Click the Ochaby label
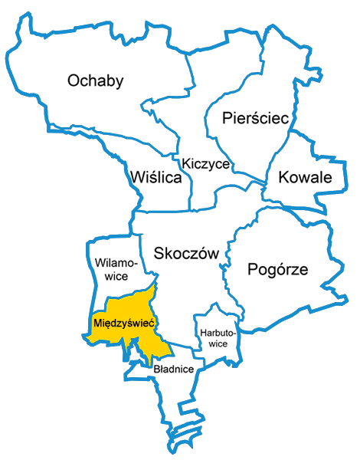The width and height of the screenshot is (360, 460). [x=96, y=80]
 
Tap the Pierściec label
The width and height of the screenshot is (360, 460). [x=254, y=118]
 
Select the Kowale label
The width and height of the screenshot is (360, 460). [x=304, y=178]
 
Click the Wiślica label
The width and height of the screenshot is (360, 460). [x=156, y=179]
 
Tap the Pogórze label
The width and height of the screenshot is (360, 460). [x=277, y=269]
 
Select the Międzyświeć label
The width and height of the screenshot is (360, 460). [x=124, y=324]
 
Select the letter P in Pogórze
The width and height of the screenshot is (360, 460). [x=252, y=269]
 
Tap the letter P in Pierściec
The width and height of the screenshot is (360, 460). [x=227, y=118]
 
